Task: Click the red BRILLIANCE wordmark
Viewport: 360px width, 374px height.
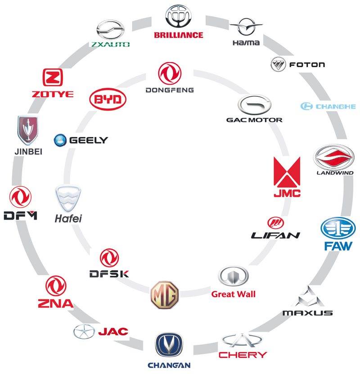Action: click(179, 35)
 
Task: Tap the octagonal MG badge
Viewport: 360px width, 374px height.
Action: click(165, 295)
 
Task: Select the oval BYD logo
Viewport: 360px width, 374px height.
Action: click(108, 99)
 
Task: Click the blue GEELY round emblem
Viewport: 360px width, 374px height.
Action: click(60, 140)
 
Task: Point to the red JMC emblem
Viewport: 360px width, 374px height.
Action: click(287, 172)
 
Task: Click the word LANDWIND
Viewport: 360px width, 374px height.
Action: click(335, 173)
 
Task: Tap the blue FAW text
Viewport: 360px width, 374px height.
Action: click(338, 246)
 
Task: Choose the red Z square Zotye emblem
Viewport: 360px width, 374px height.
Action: click(53, 77)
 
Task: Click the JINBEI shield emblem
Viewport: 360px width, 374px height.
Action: click(28, 130)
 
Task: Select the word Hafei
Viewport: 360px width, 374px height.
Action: click(68, 218)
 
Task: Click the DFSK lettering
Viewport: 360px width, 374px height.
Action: click(109, 274)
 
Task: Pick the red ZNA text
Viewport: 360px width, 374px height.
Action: click(56, 304)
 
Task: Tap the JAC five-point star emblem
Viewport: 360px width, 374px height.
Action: click(84, 332)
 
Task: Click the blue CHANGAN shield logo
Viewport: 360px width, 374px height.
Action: click(169, 345)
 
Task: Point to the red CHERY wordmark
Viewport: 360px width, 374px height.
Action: click(243, 355)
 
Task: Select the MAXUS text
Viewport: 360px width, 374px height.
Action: click(307, 313)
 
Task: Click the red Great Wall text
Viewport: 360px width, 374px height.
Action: click(234, 294)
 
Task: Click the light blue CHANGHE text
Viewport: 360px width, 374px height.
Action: click(336, 106)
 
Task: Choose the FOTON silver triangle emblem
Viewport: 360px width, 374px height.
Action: click(278, 64)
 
